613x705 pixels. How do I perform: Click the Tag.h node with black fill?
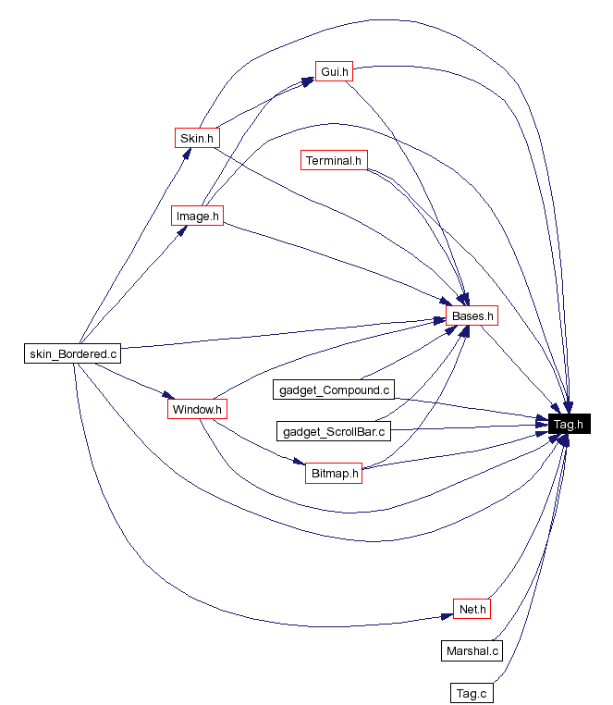[567, 425]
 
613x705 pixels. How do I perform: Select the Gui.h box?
[333, 71]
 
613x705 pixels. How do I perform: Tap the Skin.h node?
[197, 138]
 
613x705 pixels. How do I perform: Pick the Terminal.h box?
[335, 160]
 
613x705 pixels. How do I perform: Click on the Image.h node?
[198, 216]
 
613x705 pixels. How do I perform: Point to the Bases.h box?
[472, 315]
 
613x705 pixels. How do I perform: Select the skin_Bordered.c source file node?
[73, 352]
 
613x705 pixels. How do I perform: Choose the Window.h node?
[197, 408]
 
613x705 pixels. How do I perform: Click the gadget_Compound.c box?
[335, 390]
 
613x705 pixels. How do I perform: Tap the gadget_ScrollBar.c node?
[335, 431]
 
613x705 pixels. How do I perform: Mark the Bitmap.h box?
[333, 473]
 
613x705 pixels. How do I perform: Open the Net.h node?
[471, 609]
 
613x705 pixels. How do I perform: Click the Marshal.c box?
[472, 650]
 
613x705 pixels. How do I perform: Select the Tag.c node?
[472, 692]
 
